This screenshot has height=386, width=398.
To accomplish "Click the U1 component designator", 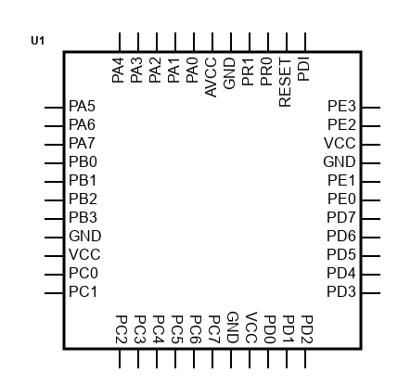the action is click(x=38, y=41).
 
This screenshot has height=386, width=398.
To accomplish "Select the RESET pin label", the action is click(x=285, y=83).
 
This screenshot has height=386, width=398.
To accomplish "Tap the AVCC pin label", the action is click(x=211, y=77).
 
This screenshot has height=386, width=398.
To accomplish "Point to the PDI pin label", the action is click(x=303, y=70).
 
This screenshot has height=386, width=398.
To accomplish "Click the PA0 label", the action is click(x=192, y=71).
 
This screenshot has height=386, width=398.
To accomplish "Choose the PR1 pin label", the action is click(x=248, y=71).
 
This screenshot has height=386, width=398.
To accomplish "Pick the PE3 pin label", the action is click(x=341, y=106).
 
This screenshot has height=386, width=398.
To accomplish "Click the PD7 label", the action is click(x=341, y=218).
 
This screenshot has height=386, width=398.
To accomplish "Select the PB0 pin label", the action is click(x=83, y=161).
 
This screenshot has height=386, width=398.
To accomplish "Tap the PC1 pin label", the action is click(x=83, y=291).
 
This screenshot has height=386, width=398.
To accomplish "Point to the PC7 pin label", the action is click(x=214, y=329).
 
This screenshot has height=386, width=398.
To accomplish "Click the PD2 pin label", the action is click(x=307, y=329).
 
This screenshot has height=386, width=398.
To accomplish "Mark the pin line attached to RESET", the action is click(x=287, y=42).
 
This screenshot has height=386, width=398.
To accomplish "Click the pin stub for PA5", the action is click(x=54, y=108).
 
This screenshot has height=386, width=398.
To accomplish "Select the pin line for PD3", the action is click(x=371, y=293).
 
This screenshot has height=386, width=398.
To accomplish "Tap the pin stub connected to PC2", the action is click(x=120, y=359).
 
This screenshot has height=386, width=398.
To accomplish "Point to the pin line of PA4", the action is click(x=120, y=42).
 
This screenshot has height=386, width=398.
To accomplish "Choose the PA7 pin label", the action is click(x=82, y=143).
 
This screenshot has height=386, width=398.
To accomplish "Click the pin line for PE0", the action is click(x=371, y=200).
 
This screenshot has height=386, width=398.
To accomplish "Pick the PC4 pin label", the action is click(x=159, y=329).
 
